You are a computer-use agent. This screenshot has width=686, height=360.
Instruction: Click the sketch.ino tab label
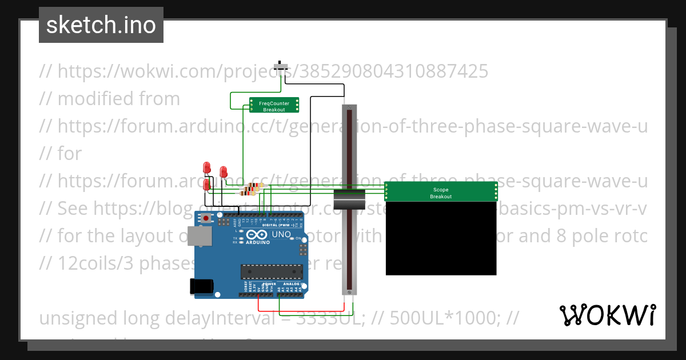point(101,25)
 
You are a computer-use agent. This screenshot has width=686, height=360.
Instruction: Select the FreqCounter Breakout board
point(274,106)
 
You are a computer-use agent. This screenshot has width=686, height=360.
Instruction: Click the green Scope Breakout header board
point(440,192)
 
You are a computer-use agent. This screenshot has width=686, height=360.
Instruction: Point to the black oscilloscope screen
point(440,238)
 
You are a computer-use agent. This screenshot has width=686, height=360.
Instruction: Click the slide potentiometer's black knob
point(349,200)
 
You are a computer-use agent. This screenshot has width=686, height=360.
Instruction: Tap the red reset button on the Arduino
point(205,219)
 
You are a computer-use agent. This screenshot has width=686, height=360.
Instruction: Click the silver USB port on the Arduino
point(201,235)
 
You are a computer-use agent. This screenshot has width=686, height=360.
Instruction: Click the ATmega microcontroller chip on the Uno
point(272,273)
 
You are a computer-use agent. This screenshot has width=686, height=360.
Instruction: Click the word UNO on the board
point(281,234)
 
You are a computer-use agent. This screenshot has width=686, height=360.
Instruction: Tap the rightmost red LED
point(224,171)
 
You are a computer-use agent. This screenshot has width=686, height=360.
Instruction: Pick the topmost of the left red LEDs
point(207,167)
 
